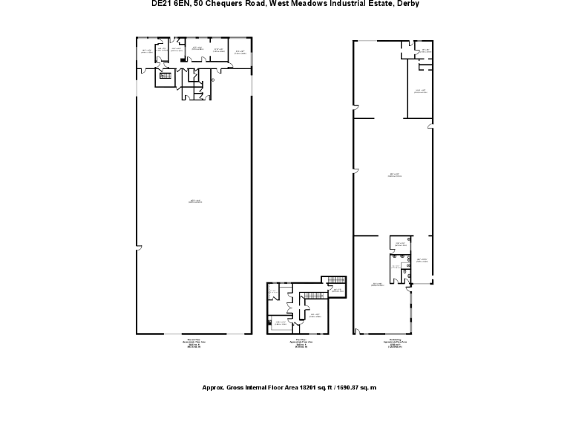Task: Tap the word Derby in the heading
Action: point(407,4)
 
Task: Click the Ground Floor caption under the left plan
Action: point(194,340)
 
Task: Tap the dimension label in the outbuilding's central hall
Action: point(395,176)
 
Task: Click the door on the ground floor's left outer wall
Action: point(137,248)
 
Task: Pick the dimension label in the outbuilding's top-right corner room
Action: point(425,51)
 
